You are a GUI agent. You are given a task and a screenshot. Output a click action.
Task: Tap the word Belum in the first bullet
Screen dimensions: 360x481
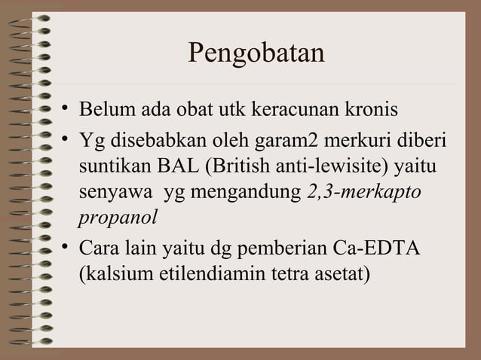(x=103, y=112)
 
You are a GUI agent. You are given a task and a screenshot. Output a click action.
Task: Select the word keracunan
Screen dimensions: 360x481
(x=296, y=112)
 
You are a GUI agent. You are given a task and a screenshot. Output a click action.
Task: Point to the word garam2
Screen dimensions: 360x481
(x=324, y=141)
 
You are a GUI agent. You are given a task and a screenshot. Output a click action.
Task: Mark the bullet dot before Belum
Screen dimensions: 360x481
(x=66, y=111)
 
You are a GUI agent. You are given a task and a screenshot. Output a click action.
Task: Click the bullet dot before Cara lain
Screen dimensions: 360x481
(x=66, y=246)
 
